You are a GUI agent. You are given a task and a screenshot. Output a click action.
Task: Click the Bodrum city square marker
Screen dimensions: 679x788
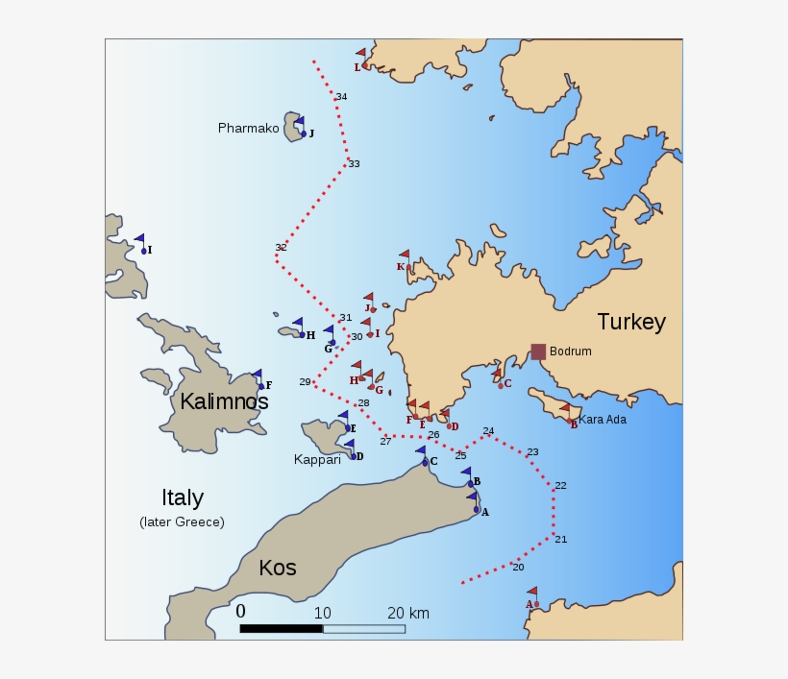click(538, 352)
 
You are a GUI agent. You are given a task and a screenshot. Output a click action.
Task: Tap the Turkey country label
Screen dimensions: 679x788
click(630, 322)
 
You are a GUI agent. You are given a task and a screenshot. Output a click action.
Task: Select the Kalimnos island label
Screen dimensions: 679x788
click(224, 401)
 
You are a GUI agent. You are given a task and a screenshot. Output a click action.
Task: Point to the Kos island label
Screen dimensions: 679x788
click(277, 568)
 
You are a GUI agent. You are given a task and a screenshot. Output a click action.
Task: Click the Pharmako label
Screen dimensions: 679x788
click(248, 128)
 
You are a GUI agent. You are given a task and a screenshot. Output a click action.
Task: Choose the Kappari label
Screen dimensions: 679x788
click(317, 460)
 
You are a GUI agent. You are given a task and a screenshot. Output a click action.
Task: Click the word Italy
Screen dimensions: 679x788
click(182, 497)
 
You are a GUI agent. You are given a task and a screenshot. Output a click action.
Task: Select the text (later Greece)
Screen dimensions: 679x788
click(182, 522)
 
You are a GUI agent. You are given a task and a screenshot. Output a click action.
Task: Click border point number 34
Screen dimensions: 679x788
click(341, 97)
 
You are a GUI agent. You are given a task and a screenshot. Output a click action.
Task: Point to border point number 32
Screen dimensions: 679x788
click(281, 248)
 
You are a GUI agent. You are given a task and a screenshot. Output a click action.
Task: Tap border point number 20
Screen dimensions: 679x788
click(518, 567)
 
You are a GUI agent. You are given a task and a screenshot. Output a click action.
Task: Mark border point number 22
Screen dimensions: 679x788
click(560, 485)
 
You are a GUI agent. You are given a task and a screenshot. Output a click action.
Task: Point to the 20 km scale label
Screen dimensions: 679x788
click(408, 614)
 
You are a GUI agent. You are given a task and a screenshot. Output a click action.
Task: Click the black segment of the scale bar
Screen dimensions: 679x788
click(281, 629)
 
